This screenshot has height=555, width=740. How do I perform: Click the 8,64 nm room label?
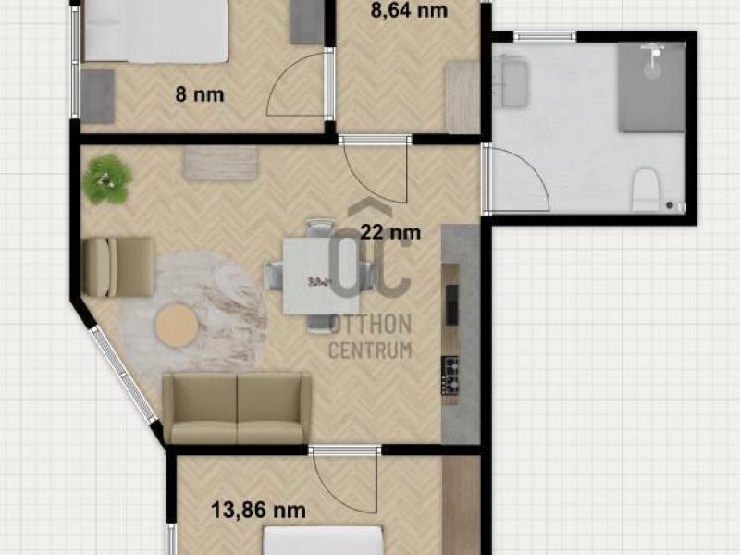pyautogui.click(x=409, y=10)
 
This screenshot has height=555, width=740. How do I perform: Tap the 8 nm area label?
pyautogui.click(x=200, y=94)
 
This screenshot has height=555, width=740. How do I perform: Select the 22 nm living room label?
pyautogui.click(x=390, y=232)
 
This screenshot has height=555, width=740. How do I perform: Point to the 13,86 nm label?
pyautogui.click(x=258, y=511)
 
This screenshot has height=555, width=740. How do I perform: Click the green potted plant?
pyautogui.click(x=107, y=179)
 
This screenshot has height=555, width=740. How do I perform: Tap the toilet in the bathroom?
pyautogui.click(x=645, y=190)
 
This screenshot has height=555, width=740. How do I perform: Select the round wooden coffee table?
pyautogui.click(x=177, y=326)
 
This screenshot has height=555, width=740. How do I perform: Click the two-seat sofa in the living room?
pyautogui.click(x=237, y=408)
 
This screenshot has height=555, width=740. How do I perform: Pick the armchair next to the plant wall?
pyautogui.click(x=118, y=266)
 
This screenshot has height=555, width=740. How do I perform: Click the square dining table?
pyautogui.click(x=321, y=276)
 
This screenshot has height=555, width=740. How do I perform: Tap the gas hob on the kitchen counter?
pyautogui.click(x=450, y=376)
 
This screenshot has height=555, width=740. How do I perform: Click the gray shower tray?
pyautogui.click(x=652, y=88)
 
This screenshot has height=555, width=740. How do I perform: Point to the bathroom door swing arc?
pyautogui.click(x=531, y=170)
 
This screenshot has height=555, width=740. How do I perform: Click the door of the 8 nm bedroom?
pyautogui.click(x=297, y=85)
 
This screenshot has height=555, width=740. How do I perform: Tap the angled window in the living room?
pyautogui.click(x=124, y=373)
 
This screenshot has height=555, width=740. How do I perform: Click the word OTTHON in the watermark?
pyautogui.click(x=371, y=325)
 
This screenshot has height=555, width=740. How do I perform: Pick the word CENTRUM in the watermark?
pyautogui.click(x=370, y=351)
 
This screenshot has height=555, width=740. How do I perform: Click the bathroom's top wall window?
pyautogui.click(x=545, y=36)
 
